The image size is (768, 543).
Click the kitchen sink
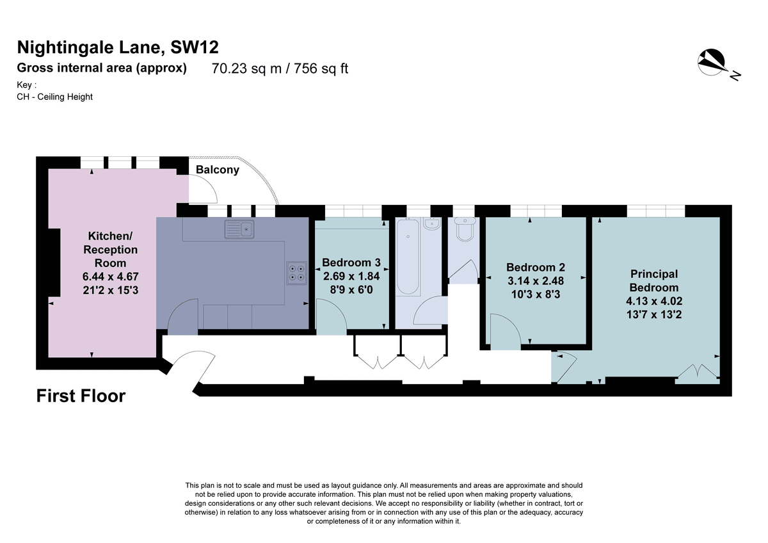(239, 229)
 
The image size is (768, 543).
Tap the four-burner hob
(296, 273)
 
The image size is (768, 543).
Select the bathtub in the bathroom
(408, 257)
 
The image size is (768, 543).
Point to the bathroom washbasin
(432, 223)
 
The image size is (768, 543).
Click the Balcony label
(218, 170)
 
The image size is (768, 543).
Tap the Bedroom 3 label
(351, 263)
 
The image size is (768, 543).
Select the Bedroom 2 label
(536, 267)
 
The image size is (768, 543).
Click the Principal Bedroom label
(654, 280)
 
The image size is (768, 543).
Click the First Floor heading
(81, 396)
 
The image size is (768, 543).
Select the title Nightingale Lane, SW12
(118, 47)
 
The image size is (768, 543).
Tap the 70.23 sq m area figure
(246, 69)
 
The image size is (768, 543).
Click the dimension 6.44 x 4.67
(110, 277)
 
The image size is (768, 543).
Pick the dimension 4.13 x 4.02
(654, 301)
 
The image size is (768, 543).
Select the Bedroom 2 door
(506, 330)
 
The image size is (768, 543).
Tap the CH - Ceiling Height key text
(54, 97)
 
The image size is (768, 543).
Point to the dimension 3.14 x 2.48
(536, 281)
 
